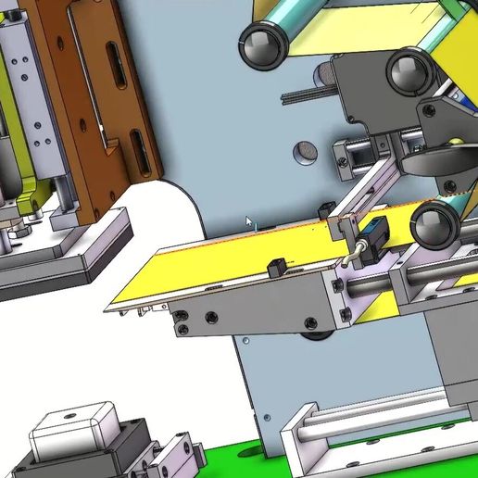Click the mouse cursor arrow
248,222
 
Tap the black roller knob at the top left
262,43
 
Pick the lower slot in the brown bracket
136,150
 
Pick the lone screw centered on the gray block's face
211,318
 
